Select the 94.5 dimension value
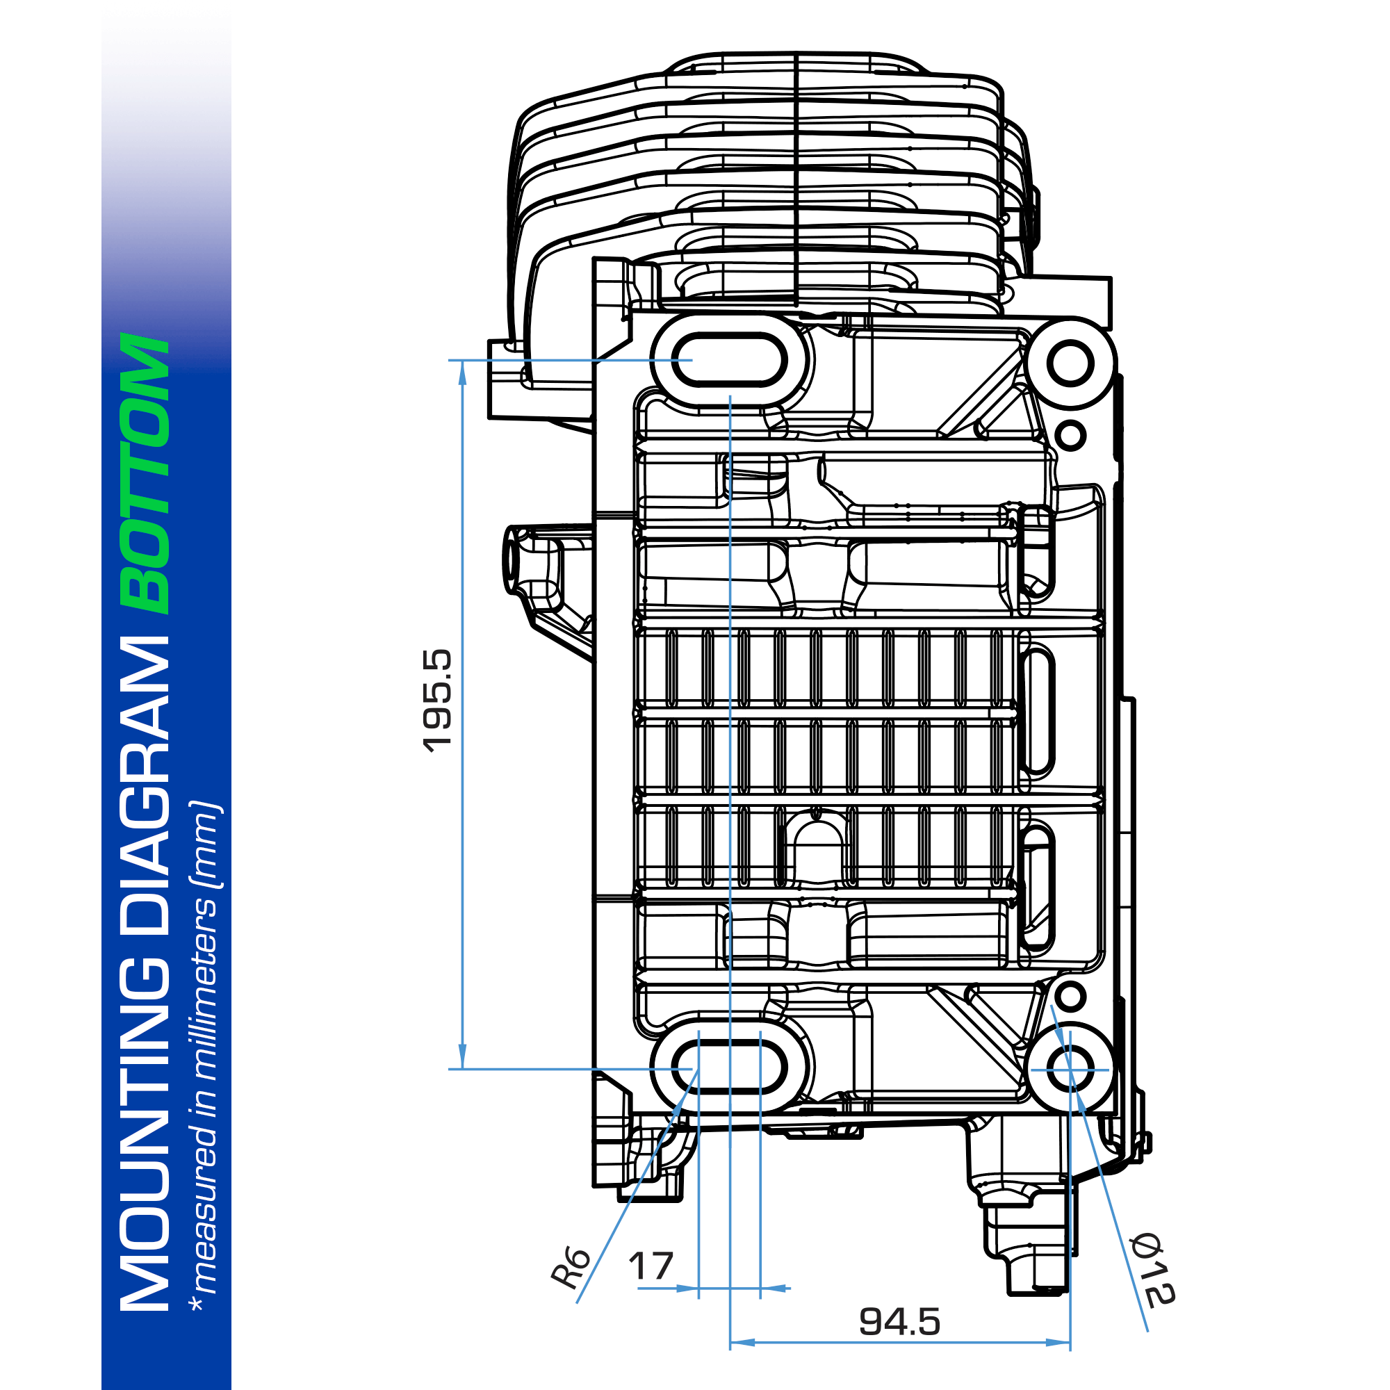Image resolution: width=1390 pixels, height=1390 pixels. click(x=899, y=1321)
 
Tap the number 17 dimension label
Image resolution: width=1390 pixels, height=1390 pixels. click(x=651, y=1266)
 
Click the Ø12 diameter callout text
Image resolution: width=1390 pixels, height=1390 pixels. click(x=1151, y=1270)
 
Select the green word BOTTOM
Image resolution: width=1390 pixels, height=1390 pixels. click(x=146, y=473)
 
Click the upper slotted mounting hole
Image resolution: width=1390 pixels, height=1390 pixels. click(x=729, y=359)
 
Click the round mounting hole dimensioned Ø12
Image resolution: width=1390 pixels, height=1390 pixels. click(x=1070, y=1068)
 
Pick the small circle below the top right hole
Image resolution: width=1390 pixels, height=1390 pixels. click(x=1070, y=434)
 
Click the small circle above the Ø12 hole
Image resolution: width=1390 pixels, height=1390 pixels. click(x=1070, y=996)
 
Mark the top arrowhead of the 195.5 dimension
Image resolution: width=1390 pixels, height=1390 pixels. click(x=462, y=370)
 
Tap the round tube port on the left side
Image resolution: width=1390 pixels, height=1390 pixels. click(x=512, y=560)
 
